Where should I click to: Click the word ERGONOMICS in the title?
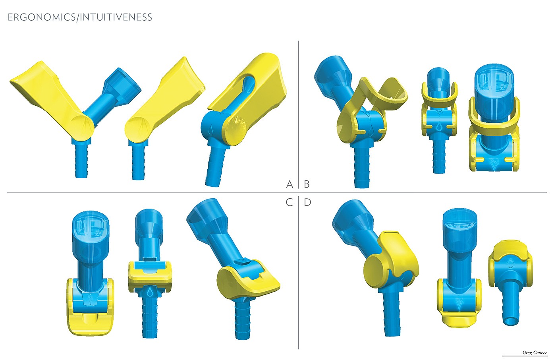pyautogui.click(x=41, y=17)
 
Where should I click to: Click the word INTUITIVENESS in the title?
pyautogui.click(x=116, y=17)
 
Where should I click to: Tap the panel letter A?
pyautogui.click(x=290, y=184)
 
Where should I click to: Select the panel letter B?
pyautogui.click(x=307, y=184)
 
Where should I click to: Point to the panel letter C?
pyautogui.click(x=289, y=202)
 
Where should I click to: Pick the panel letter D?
pyautogui.click(x=307, y=202)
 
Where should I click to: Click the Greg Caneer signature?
pyautogui.click(x=535, y=352)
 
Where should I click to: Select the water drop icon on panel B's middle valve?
pyautogui.click(x=439, y=126)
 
